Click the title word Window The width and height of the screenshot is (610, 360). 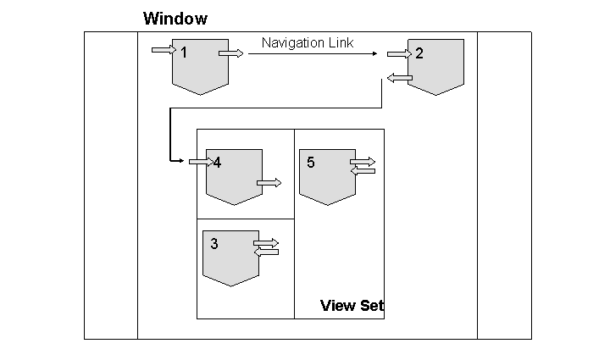point(175,18)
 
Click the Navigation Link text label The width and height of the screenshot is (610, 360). point(308,42)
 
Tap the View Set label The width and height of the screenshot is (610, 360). point(352,306)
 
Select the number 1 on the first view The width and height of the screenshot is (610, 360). point(183,53)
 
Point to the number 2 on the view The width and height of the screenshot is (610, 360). point(419,53)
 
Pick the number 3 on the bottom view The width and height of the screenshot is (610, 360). point(214,244)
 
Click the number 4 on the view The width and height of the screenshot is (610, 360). point(218,163)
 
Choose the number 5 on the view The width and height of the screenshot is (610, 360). point(311,163)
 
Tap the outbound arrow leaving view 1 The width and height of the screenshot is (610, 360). point(230,53)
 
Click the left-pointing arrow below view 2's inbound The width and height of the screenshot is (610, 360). point(399,78)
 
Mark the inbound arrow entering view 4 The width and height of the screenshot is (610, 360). point(201,160)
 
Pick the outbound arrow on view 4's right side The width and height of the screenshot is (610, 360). point(269,182)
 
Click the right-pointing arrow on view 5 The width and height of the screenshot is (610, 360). point(362,160)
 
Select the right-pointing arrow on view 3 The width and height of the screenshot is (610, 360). point(266,243)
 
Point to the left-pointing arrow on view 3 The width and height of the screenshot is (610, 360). point(265,252)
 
